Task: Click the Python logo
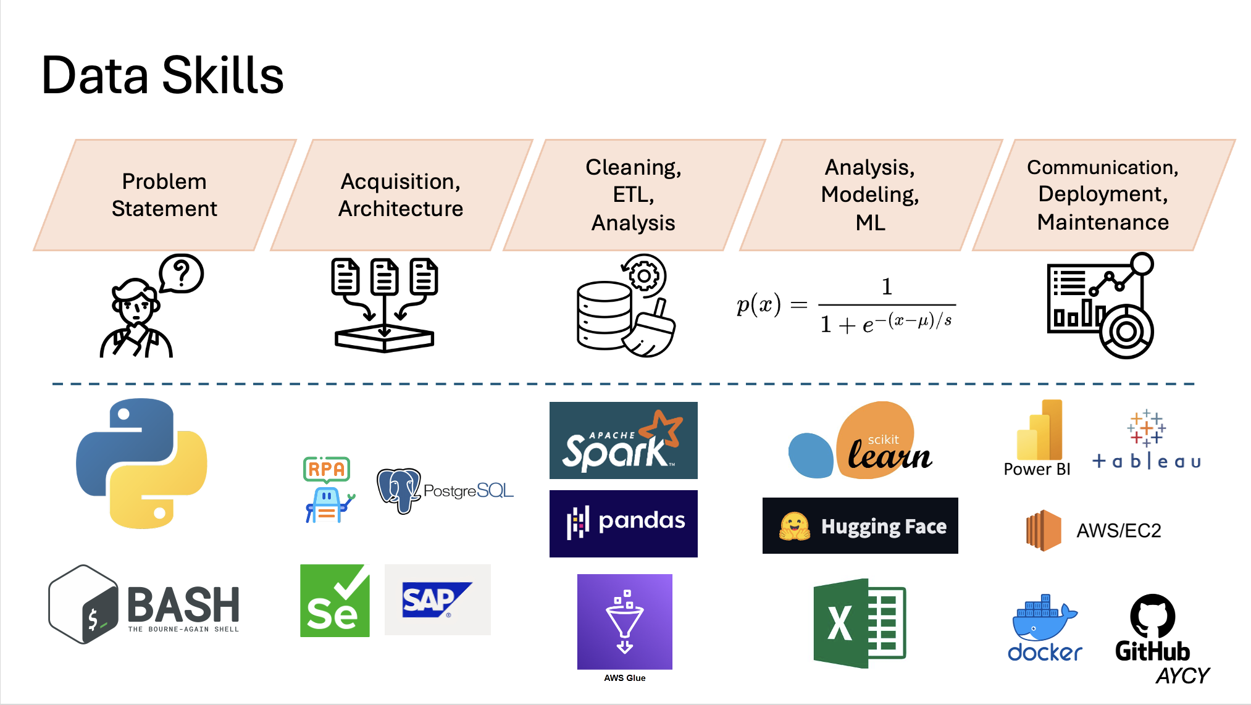point(141,463)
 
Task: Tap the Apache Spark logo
point(623,440)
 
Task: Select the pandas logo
point(623,524)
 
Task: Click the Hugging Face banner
point(860,526)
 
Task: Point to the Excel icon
point(859,624)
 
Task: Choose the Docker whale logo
point(1044,620)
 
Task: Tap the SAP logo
point(437,599)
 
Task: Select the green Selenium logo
point(335,601)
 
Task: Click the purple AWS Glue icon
point(624,622)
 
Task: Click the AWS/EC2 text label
point(1118,531)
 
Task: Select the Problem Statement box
point(164,195)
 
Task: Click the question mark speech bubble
point(181,273)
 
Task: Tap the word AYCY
point(1182,676)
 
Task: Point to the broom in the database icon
point(652,333)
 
